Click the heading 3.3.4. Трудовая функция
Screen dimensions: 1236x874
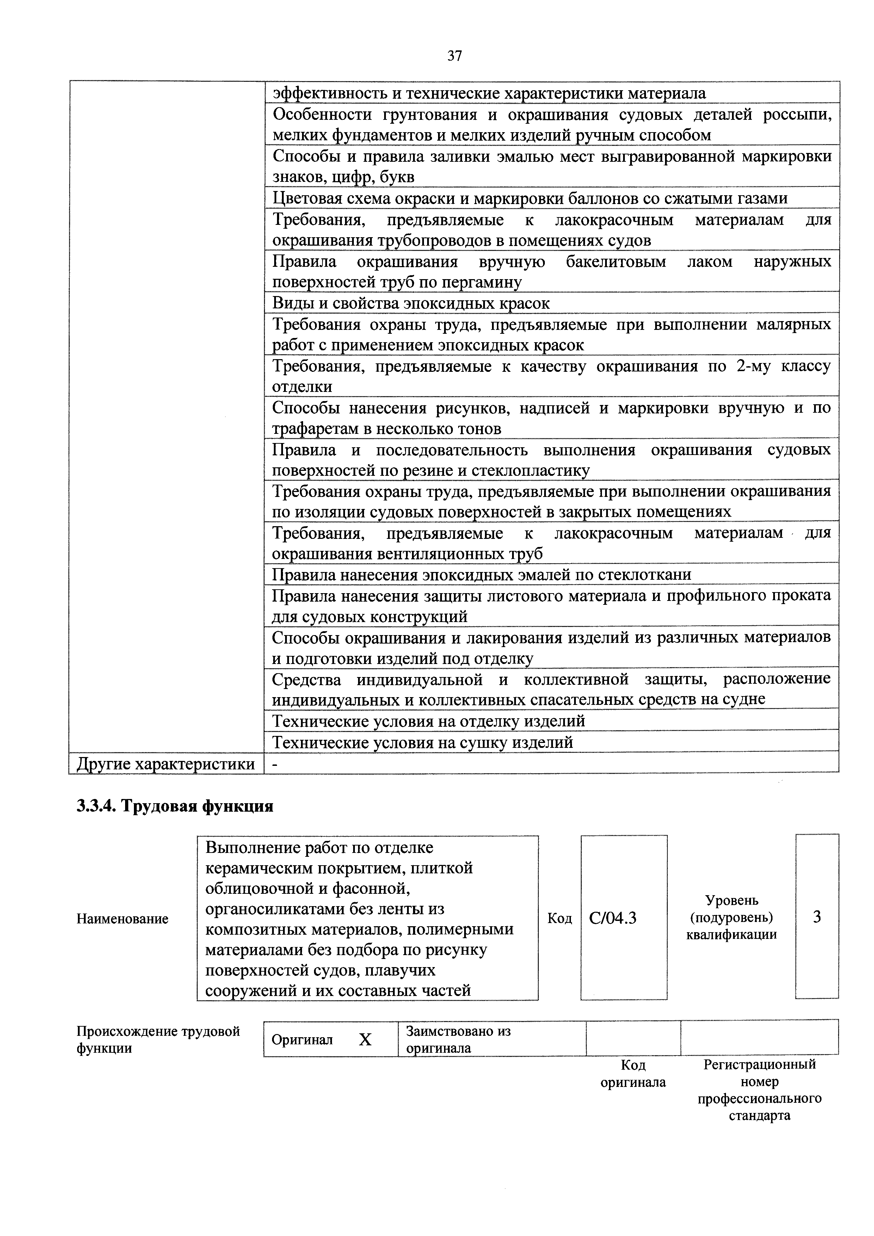175,806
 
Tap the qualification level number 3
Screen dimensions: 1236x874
817,917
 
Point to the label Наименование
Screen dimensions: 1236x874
122,918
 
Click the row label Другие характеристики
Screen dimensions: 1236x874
166,763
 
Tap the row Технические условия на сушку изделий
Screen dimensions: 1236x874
423,742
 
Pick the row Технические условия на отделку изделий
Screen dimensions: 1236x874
429,720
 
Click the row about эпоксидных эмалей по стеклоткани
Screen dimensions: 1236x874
481,574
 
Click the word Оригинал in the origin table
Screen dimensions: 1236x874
302,1039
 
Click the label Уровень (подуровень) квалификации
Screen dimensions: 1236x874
731,917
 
